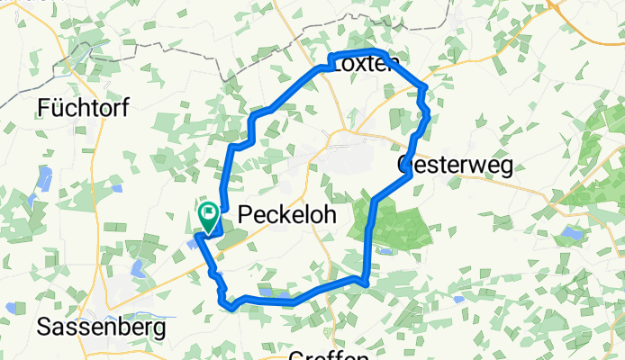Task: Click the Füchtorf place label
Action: click(84, 108)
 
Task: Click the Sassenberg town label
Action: click(101, 328)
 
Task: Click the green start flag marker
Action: click(208, 215)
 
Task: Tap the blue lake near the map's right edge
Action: click(571, 233)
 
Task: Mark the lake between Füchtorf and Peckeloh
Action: click(115, 188)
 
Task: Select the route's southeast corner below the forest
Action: click(365, 283)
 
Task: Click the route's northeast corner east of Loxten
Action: click(422, 87)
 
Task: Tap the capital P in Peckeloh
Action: click(246, 216)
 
